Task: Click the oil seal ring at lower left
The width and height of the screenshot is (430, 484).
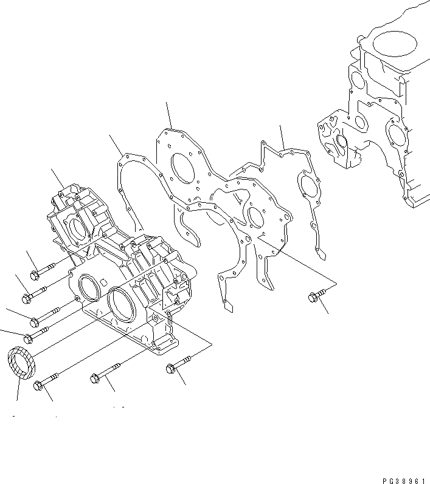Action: coord(22,364)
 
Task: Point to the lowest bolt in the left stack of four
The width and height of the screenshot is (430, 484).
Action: coord(36,335)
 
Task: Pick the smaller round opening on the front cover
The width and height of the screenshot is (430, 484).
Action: coord(89,285)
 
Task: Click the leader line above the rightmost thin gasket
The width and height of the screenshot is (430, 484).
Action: coord(283,138)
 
